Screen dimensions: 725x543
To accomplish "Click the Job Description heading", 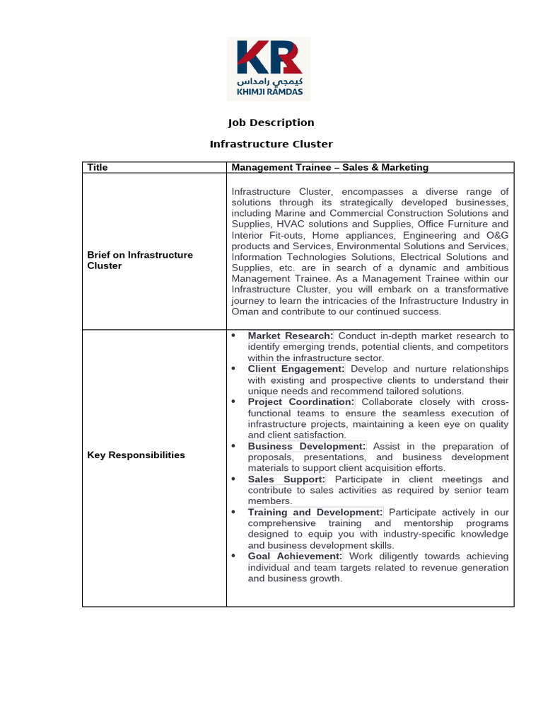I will (x=271, y=122).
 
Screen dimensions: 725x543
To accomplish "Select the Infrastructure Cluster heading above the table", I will (x=271, y=144).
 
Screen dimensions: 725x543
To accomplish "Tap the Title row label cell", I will (x=97, y=167).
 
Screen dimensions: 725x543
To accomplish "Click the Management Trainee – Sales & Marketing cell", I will (x=329, y=167).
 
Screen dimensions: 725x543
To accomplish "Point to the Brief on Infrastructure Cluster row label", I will (x=139, y=260).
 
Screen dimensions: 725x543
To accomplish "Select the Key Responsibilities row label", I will (x=136, y=455).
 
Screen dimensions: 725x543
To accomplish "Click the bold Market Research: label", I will (x=291, y=336).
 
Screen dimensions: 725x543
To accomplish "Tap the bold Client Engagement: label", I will (x=296, y=369).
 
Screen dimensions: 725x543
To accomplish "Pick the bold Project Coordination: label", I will (x=300, y=402).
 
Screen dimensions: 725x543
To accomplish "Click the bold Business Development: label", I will (x=307, y=446).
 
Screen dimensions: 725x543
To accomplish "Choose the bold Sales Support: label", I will (x=286, y=479).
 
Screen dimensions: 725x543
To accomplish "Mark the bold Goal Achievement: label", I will (x=295, y=556).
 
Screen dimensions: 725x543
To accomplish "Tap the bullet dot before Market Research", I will (x=233, y=335).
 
